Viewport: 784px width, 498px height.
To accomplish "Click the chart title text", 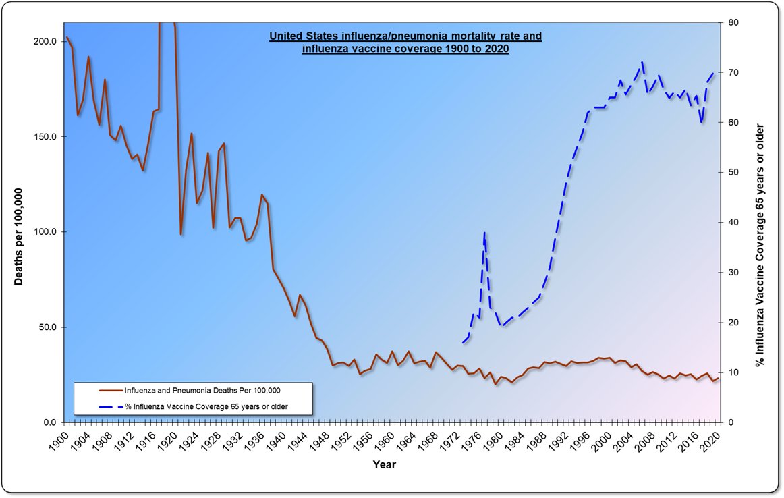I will pyautogui.click(x=405, y=42).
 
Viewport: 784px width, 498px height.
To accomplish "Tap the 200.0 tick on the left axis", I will pyautogui.click(x=46, y=42).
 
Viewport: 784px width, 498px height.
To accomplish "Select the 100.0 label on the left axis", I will pyautogui.click(x=46, y=232).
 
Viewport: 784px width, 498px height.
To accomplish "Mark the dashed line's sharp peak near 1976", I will pyautogui.click(x=484, y=233).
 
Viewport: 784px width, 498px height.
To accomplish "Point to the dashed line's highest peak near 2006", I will pyautogui.click(x=642, y=62).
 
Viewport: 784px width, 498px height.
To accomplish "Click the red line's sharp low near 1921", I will pyautogui.click(x=181, y=233).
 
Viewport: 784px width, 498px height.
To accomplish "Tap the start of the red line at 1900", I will pyautogui.click(x=67, y=38).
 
